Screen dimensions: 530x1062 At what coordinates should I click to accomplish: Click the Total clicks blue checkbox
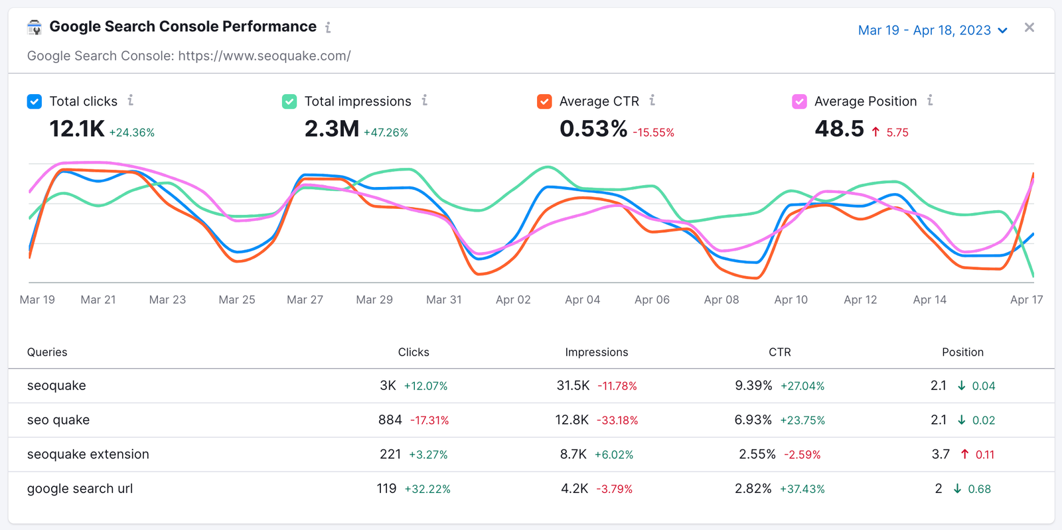(x=35, y=101)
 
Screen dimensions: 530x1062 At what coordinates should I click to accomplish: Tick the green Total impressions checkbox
(x=289, y=101)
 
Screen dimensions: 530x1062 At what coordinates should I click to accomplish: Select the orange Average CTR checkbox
(x=544, y=101)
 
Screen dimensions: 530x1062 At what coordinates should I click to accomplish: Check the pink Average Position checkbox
(x=799, y=101)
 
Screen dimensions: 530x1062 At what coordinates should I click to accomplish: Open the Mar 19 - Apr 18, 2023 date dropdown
(x=933, y=31)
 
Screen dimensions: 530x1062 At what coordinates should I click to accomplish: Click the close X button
(x=1029, y=28)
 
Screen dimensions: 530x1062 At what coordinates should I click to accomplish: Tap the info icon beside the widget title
(x=328, y=27)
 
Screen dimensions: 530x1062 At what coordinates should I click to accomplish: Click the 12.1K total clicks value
(x=77, y=129)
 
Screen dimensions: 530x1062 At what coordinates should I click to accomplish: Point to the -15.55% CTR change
(x=653, y=133)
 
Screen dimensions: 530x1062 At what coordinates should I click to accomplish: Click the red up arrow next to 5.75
(x=875, y=132)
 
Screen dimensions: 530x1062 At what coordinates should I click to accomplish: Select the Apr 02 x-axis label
(x=513, y=300)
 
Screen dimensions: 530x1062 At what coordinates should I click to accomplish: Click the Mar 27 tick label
(x=305, y=300)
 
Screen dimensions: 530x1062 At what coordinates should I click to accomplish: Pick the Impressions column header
(x=596, y=352)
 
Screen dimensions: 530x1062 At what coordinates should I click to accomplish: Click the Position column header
(x=962, y=352)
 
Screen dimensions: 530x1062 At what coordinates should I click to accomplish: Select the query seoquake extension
(x=88, y=454)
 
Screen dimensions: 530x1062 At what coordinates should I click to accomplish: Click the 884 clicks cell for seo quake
(x=390, y=420)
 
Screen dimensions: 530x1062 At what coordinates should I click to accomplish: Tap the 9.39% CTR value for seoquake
(x=753, y=385)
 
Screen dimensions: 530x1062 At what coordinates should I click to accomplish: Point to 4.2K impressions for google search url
(x=574, y=489)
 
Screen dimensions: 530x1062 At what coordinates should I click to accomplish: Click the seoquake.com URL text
(x=264, y=56)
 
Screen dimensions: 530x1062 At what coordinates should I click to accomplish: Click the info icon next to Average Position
(x=930, y=101)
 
